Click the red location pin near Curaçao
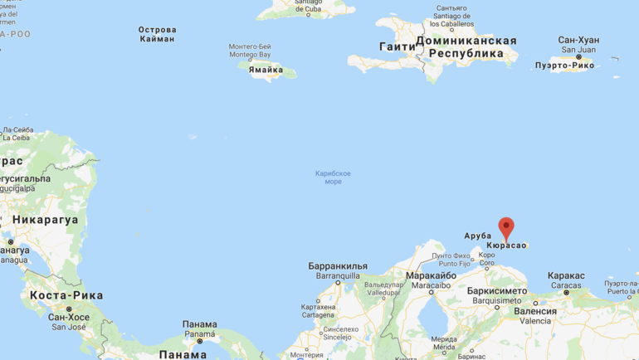tap(505, 226)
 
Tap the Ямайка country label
tap(266, 70)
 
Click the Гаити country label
tap(397, 46)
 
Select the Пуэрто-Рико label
tap(564, 66)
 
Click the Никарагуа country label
tap(46, 220)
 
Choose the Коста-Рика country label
tap(66, 295)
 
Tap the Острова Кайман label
tap(157, 34)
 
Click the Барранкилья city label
tap(338, 266)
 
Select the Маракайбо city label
tap(431, 275)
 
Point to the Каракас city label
tap(566, 275)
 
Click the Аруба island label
tap(478, 236)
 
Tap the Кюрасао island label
tap(507, 246)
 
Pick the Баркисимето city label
tap(497, 291)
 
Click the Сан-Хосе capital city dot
tap(67, 307)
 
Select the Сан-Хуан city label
tap(578, 40)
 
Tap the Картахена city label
tap(319, 307)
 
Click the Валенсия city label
tap(535, 311)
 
